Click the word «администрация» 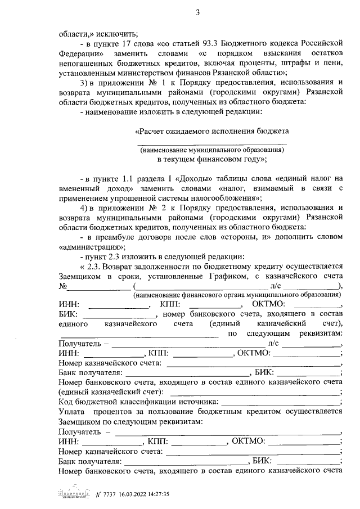pos(91,247)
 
